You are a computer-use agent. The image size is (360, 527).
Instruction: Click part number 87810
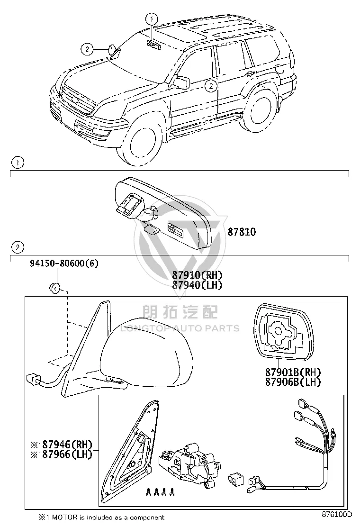pyautogui.click(x=242, y=232)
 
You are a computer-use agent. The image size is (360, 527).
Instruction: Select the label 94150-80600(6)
pyautogui.click(x=64, y=263)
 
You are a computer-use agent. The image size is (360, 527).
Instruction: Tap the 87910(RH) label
pyautogui.click(x=197, y=275)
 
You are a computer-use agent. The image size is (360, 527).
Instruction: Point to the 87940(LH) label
pyautogui.click(x=197, y=285)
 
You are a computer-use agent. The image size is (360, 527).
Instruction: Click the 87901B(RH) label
pyautogui.click(x=293, y=372)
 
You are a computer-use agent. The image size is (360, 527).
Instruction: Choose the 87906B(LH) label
pyautogui.click(x=293, y=382)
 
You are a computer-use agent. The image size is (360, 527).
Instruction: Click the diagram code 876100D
pyautogui.click(x=337, y=515)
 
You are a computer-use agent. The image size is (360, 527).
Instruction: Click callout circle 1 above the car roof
pyautogui.click(x=152, y=19)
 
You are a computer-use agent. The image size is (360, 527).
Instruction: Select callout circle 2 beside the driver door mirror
pyautogui.click(x=211, y=86)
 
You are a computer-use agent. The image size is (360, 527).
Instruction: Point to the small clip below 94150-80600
pyautogui.click(x=54, y=288)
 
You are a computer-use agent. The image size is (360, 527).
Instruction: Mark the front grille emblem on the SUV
pyautogui.click(x=74, y=100)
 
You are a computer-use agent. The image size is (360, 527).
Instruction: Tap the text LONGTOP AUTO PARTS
pyautogui.click(x=180, y=328)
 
